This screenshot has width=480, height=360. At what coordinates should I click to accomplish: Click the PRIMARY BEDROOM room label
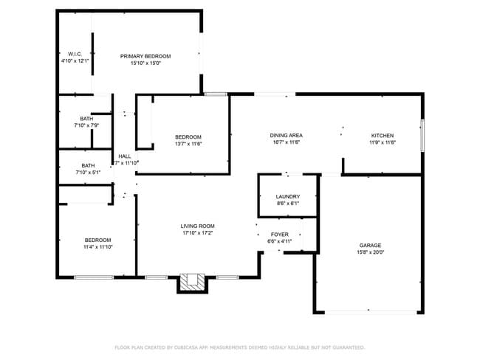[145, 56]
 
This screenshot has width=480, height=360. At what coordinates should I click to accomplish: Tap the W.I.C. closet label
[75, 54]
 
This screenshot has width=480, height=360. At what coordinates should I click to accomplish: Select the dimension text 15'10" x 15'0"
[145, 63]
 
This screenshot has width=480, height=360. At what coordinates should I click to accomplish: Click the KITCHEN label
[382, 135]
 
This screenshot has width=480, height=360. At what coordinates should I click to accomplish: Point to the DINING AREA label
[286, 135]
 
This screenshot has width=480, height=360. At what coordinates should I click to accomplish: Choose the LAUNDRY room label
[287, 196]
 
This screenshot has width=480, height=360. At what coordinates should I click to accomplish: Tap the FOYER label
[279, 233]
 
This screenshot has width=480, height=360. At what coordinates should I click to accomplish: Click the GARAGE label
[370, 245]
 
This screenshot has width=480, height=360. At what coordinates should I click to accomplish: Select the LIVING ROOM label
[197, 226]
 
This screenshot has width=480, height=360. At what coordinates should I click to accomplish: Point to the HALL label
[125, 156]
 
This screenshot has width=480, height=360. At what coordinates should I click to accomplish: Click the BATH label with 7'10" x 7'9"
[87, 119]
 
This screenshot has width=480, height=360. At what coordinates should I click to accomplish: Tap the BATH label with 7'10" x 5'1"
[88, 165]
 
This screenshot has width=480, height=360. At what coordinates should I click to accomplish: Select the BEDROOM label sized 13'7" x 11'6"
[188, 136]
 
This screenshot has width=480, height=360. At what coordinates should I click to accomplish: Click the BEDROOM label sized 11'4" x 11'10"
[97, 240]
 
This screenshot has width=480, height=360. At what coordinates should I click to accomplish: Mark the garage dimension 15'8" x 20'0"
[370, 252]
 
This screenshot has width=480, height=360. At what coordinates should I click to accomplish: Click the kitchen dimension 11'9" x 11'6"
[382, 142]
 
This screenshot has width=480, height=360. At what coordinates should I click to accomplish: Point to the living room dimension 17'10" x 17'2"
[197, 233]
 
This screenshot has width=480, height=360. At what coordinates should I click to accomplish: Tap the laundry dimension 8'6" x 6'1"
[287, 204]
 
